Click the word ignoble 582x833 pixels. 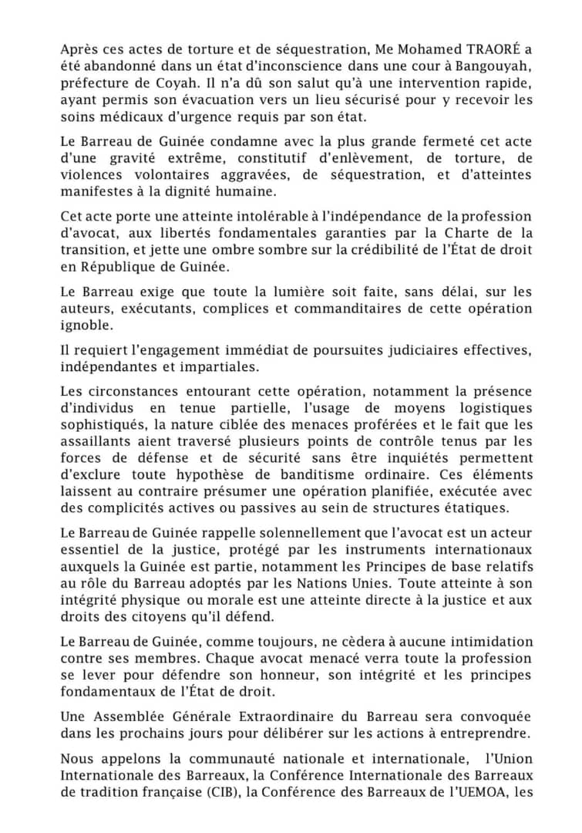point(86,326)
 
